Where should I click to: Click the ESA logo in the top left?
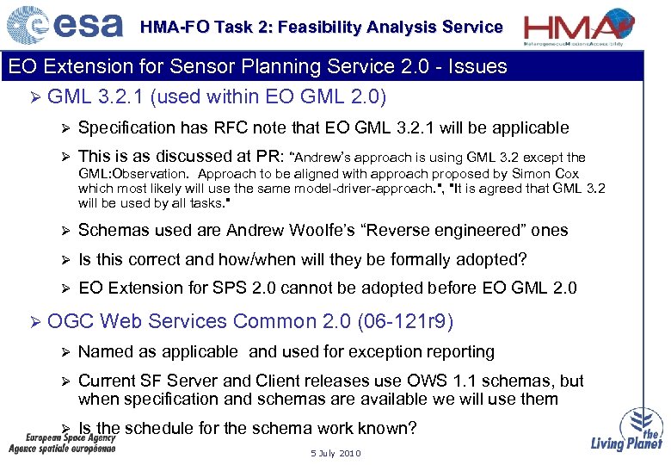(65, 25)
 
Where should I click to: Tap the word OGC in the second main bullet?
(71, 321)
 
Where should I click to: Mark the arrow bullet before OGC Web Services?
(34, 322)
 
